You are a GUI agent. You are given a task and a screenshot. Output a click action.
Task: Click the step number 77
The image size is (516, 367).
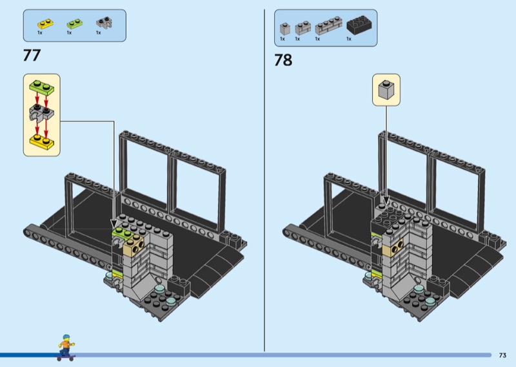[x=32, y=55]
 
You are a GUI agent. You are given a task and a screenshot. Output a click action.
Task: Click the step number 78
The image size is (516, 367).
[x=283, y=60]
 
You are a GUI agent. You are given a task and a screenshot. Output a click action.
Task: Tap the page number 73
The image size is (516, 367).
[x=502, y=355]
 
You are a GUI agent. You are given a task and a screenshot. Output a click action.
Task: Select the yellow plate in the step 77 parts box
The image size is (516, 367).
[x=45, y=24]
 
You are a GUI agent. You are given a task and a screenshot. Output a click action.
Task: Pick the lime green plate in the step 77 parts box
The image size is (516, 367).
[x=75, y=24]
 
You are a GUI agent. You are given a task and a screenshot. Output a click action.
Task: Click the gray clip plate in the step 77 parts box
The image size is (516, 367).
[x=104, y=23]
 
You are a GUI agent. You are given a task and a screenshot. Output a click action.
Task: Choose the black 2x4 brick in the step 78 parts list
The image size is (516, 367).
[x=360, y=25]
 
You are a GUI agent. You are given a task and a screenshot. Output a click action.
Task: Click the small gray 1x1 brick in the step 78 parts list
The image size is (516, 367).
[x=285, y=28]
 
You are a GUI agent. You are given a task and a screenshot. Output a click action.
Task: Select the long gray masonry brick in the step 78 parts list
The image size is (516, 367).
[x=328, y=26]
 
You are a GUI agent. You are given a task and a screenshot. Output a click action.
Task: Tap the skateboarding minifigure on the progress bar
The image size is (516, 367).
[x=66, y=347]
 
